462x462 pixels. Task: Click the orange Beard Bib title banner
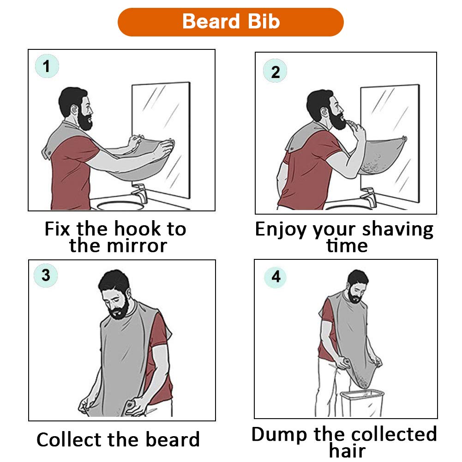click(x=231, y=22)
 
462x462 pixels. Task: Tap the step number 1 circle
click(x=47, y=67)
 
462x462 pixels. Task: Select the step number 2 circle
click(x=275, y=72)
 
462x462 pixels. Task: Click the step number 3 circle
click(x=46, y=276)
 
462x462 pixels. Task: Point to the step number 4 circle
click(x=276, y=277)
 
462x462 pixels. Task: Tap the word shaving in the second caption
click(x=397, y=229)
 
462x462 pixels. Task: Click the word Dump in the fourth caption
click(x=280, y=434)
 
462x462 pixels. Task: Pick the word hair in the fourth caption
click(x=347, y=451)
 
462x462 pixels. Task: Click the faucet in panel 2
click(x=368, y=196)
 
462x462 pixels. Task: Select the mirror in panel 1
click(x=162, y=138)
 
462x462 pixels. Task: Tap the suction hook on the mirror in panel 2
click(x=404, y=138)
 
